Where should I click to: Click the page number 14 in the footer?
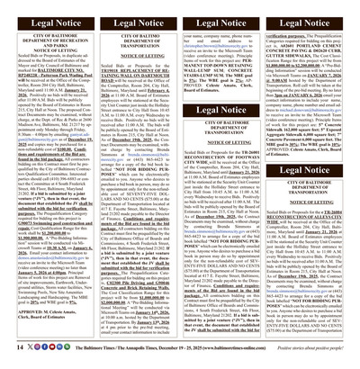tap(11, 346)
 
